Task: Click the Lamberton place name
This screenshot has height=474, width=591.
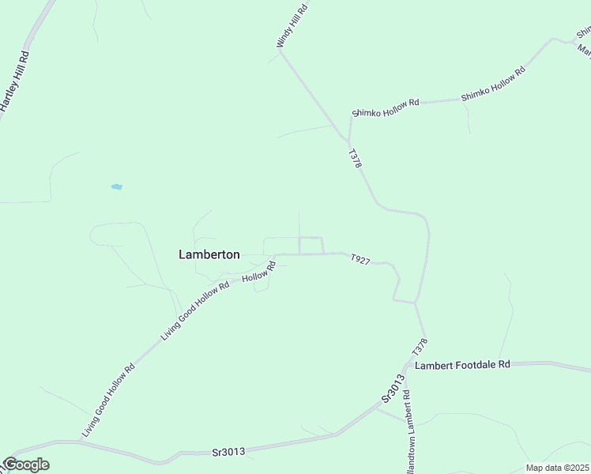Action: click(209, 254)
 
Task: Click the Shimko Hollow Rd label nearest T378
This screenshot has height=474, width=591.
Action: click(386, 108)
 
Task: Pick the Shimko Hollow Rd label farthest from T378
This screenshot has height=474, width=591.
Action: click(493, 84)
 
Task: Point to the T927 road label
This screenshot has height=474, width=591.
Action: click(359, 260)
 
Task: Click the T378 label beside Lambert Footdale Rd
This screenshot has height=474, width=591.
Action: click(419, 346)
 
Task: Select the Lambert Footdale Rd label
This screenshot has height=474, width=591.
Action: click(463, 365)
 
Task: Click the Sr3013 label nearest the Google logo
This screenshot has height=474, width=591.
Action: click(228, 452)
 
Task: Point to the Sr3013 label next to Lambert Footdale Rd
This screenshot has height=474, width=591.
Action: click(393, 389)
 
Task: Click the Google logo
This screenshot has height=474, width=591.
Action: click(25, 465)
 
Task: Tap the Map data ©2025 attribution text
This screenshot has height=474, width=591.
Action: click(557, 468)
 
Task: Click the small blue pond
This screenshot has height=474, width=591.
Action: click(116, 187)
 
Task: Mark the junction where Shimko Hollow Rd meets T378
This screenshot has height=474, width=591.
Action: click(348, 141)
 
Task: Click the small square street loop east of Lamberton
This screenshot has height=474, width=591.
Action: click(311, 246)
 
